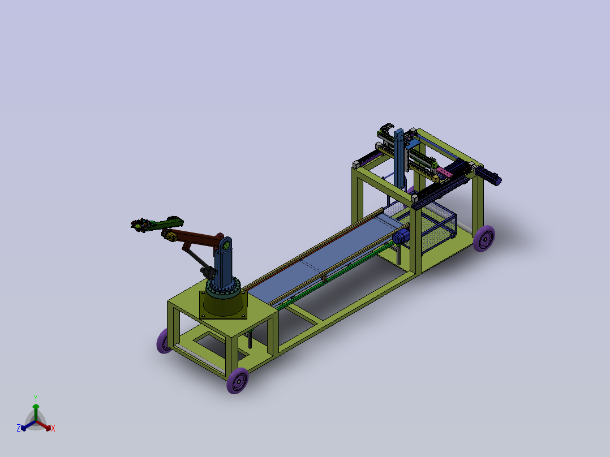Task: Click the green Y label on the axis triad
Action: [35, 398]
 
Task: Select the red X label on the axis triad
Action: [53, 429]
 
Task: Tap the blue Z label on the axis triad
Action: [19, 428]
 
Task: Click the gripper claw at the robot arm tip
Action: [139, 225]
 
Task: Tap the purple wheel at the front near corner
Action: [237, 381]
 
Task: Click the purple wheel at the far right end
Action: [484, 239]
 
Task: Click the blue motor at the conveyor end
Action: [401, 237]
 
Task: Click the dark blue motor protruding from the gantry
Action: [490, 177]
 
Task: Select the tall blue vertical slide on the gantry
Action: [401, 158]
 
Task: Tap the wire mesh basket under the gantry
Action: [436, 226]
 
